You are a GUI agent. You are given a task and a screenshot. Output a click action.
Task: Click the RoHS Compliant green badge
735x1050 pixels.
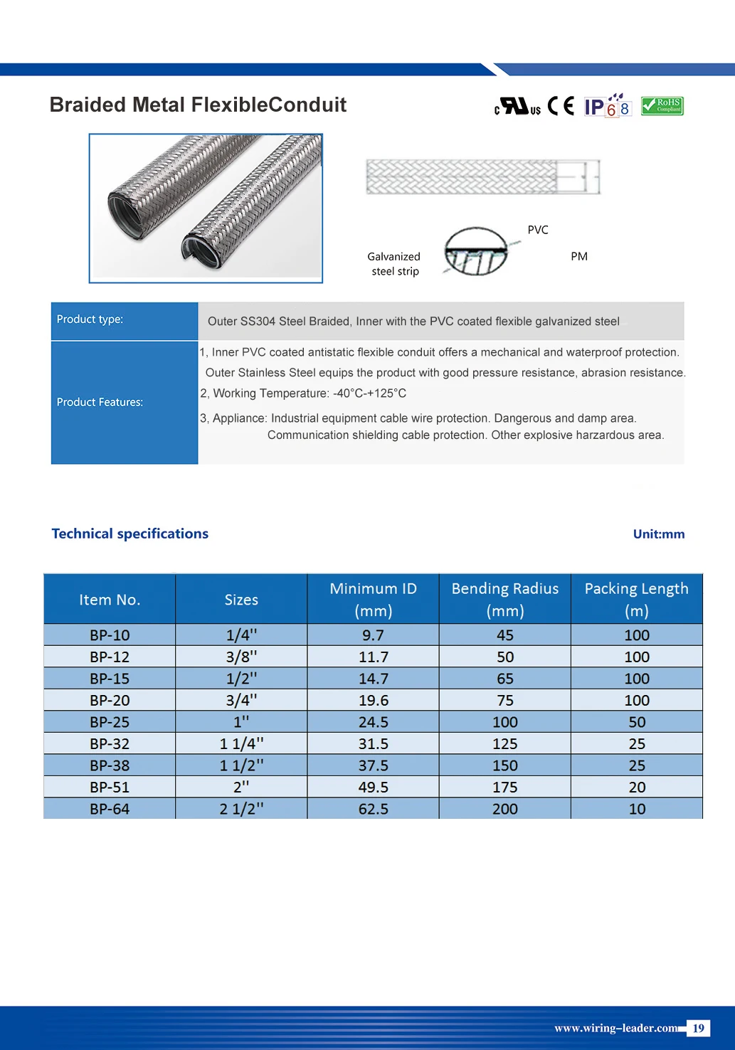tap(662, 106)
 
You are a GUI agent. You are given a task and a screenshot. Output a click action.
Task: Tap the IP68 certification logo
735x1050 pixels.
tap(607, 106)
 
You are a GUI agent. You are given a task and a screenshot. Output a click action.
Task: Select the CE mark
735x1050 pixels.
tap(561, 106)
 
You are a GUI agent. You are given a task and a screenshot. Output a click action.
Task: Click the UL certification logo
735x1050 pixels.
tap(517, 107)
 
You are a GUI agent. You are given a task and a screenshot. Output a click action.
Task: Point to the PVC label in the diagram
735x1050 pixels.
tap(538, 230)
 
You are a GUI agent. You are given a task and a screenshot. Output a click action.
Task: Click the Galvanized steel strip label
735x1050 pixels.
tap(394, 264)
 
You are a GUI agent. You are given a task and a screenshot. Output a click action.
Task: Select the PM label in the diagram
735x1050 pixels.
tap(579, 256)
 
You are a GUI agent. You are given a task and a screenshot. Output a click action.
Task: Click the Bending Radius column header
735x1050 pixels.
tap(505, 599)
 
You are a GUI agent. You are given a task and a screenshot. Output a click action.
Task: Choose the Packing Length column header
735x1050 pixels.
tap(636, 599)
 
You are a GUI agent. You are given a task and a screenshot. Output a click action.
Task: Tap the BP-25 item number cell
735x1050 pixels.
tap(110, 722)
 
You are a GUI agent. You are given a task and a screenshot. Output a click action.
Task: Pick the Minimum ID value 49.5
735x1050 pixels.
tap(373, 787)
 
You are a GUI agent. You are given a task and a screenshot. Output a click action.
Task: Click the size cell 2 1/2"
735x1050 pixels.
tap(241, 809)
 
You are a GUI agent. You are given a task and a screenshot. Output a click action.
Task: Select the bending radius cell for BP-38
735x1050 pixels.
tap(505, 765)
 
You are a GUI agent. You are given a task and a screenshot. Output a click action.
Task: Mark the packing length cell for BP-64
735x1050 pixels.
tap(637, 809)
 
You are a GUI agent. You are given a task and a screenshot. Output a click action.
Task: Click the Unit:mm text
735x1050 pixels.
tap(659, 534)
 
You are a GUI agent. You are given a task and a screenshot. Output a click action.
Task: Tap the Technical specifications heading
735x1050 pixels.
tap(130, 534)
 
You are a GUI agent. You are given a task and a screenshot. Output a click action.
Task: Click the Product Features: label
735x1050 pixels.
tap(100, 402)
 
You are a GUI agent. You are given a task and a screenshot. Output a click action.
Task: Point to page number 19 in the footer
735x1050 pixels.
tap(699, 1028)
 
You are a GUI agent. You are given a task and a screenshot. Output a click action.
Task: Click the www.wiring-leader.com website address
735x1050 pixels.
tap(615, 1028)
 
